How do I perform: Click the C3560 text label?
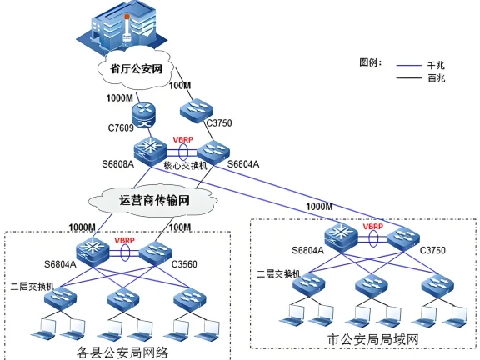click(x=183, y=264)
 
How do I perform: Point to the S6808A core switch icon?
click(x=151, y=149)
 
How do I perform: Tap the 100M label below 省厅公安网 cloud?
click(x=179, y=86)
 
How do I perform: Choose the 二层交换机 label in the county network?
click(x=32, y=285)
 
